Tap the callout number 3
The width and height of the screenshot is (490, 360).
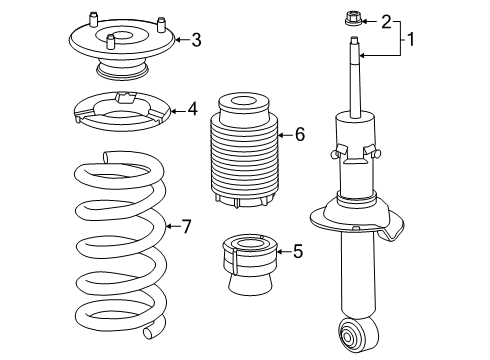click(x=195, y=40)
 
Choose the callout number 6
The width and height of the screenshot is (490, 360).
click(x=299, y=135)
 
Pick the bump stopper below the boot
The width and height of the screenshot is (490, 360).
click(x=245, y=264)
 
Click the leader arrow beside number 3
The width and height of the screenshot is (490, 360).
click(x=180, y=40)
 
